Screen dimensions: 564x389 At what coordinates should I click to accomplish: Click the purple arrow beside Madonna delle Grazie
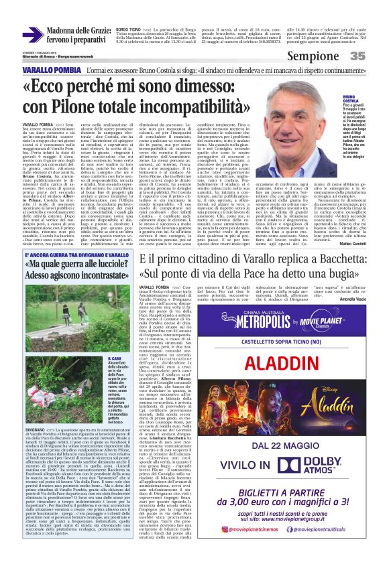pyautogui.click(x=32, y=35)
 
